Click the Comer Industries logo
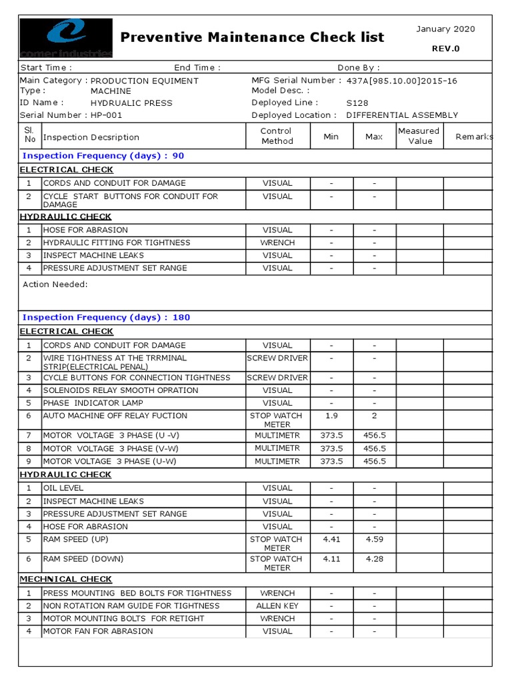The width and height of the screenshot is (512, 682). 65,39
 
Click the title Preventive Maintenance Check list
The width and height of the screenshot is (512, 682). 252,37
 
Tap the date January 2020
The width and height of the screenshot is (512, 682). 445,29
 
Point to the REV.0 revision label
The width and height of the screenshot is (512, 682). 446,48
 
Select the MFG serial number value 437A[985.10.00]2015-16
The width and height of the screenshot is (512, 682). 402,81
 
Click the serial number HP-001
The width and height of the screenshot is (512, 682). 107,115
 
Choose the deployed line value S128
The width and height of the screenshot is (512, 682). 357,103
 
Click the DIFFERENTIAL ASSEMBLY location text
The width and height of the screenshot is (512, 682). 402,115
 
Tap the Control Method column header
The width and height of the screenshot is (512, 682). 277,136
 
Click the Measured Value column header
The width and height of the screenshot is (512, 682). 419,136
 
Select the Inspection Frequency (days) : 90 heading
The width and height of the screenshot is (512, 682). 103,156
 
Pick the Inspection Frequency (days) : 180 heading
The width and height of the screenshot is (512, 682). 106,318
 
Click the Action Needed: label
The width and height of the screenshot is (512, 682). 55,284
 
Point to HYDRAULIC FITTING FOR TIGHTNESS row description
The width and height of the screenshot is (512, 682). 117,243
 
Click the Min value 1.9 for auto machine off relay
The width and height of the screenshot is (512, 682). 331,416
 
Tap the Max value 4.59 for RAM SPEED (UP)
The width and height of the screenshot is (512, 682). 374,539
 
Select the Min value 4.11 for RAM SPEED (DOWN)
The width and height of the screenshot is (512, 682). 331,559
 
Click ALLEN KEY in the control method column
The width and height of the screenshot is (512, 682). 277,606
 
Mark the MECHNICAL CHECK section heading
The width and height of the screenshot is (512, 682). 65,579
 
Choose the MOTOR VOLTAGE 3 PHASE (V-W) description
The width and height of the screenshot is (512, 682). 111,448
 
